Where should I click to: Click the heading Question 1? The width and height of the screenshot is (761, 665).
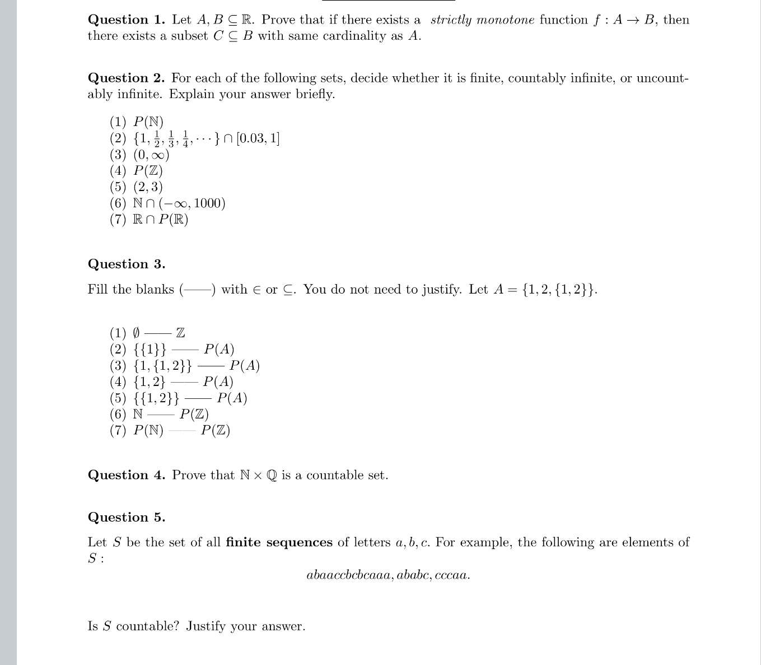coord(126,20)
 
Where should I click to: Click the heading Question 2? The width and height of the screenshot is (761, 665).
coord(126,78)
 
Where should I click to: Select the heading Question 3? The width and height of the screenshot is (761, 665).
coord(126,264)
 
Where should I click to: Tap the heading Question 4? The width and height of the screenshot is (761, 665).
coord(126,476)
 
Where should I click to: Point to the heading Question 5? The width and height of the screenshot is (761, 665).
coord(126,518)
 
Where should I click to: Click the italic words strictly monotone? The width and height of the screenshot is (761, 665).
coord(482,20)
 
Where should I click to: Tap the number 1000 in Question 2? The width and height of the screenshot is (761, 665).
coord(208,203)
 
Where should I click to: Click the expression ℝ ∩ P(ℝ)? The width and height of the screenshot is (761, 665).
coord(160,220)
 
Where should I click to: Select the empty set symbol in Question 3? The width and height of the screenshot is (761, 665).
coord(136,333)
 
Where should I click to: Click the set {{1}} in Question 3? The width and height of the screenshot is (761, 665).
coord(150,350)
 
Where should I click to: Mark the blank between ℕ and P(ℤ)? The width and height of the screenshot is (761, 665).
coord(161,415)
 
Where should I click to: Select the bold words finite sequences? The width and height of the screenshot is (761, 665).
coord(279,543)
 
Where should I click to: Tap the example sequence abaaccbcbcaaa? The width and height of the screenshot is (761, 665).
coord(348,575)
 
